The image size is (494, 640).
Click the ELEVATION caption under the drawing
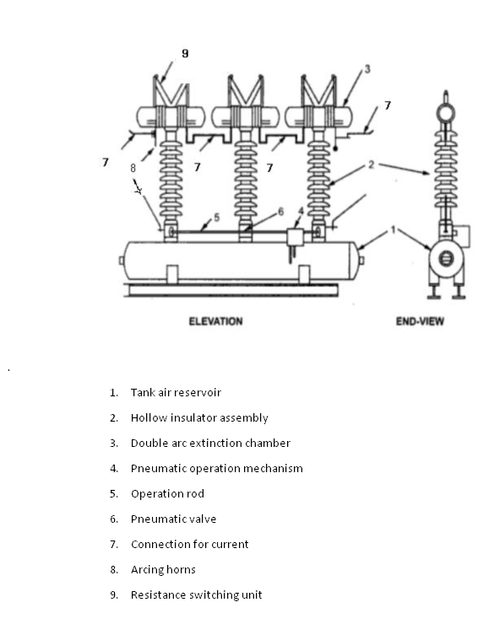pyautogui.click(x=215, y=321)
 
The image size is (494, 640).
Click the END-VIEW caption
pyautogui.click(x=420, y=321)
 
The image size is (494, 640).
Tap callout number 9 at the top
pyautogui.click(x=185, y=53)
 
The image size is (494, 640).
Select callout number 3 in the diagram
pyautogui.click(x=367, y=69)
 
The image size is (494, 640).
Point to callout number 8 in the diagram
pyautogui.click(x=133, y=168)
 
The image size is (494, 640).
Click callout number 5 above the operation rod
pyautogui.click(x=216, y=218)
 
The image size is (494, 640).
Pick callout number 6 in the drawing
pyautogui.click(x=280, y=212)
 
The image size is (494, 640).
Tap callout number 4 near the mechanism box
pyautogui.click(x=301, y=211)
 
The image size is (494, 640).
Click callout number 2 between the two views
pyautogui.click(x=371, y=164)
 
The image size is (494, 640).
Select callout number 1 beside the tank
pyautogui.click(x=393, y=230)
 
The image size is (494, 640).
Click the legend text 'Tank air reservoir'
pyautogui.click(x=176, y=393)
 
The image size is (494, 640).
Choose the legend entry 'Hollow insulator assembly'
pyautogui.click(x=199, y=418)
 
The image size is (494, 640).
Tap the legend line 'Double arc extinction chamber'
pyautogui.click(x=210, y=444)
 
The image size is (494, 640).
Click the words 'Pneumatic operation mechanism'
pyautogui.click(x=216, y=469)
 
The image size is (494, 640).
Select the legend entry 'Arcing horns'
pyautogui.click(x=163, y=570)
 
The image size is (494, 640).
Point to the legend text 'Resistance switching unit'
pyautogui.click(x=196, y=595)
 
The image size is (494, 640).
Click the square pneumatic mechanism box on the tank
pyautogui.click(x=295, y=237)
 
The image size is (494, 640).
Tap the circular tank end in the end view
pyautogui.click(x=446, y=258)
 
